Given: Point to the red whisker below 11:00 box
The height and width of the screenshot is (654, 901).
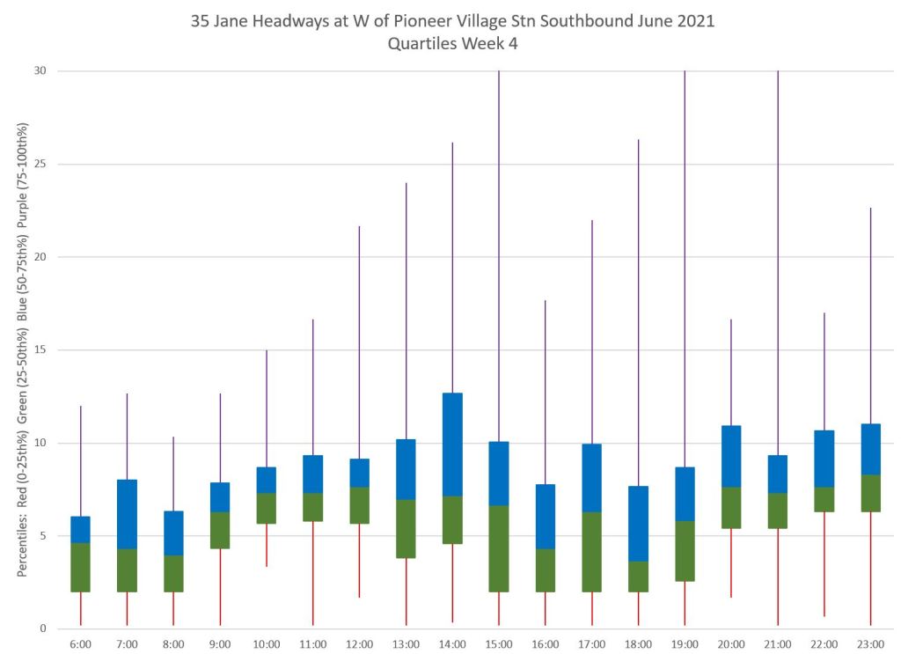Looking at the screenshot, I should [313, 573].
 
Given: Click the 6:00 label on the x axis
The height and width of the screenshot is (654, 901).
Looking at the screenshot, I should [80, 644].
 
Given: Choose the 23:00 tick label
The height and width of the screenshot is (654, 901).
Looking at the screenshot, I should [870, 644].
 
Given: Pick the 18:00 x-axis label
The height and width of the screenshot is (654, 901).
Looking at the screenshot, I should [638, 644].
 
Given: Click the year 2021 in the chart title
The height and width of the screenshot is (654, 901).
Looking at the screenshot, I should [696, 21].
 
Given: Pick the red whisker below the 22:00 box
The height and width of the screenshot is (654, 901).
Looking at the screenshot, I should [824, 563].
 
